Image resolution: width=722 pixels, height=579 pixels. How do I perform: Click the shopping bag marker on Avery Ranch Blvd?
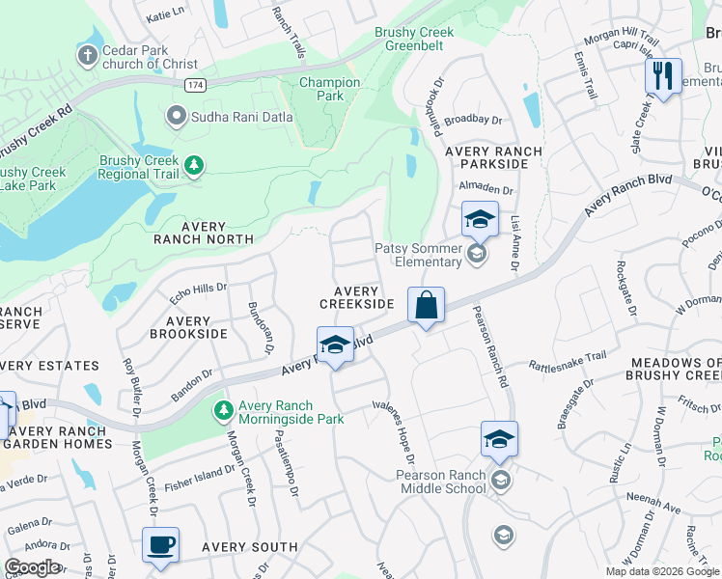pyautogui.click(x=426, y=307)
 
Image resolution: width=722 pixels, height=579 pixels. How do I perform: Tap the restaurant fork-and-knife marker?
pyautogui.click(x=663, y=77)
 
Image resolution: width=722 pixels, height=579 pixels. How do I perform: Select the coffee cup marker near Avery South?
pyautogui.click(x=161, y=545)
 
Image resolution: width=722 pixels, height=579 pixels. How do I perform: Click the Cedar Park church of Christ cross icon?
pyautogui.click(x=87, y=56)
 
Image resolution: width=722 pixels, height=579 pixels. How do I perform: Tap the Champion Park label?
pyautogui.click(x=329, y=89)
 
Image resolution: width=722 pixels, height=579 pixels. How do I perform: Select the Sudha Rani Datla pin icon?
pyautogui.click(x=176, y=117)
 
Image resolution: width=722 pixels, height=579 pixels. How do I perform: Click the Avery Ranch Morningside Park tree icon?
pyautogui.click(x=223, y=412)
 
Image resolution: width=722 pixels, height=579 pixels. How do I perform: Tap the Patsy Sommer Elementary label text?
pyautogui.click(x=418, y=255)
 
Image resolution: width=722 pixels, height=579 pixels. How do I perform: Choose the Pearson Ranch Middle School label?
pyautogui.click(x=440, y=482)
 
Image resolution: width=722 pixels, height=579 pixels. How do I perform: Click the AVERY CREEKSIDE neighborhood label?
pyautogui.click(x=356, y=297)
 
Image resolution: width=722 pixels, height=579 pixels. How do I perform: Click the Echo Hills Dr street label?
pyautogui.click(x=198, y=288)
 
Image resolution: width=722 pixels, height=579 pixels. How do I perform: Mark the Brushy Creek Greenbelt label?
pyautogui.click(x=413, y=39)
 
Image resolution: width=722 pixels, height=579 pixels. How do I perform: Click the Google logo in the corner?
pyautogui.click(x=33, y=567)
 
